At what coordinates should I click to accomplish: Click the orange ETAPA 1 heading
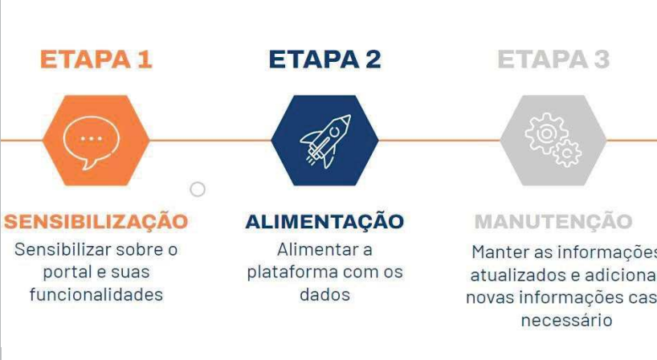click(96, 59)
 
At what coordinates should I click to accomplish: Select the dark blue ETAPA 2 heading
click(324, 59)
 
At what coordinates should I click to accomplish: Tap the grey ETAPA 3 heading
click(553, 59)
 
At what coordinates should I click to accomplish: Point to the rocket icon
click(324, 141)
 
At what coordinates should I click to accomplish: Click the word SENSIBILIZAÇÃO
click(96, 222)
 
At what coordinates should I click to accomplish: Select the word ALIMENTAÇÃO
click(324, 222)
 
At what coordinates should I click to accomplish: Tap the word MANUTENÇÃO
click(553, 222)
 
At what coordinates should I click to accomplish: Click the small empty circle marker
click(198, 190)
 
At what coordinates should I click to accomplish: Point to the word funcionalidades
click(96, 295)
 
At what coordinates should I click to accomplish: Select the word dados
click(324, 295)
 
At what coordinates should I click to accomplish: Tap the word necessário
click(567, 321)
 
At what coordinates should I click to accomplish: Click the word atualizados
click(512, 276)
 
